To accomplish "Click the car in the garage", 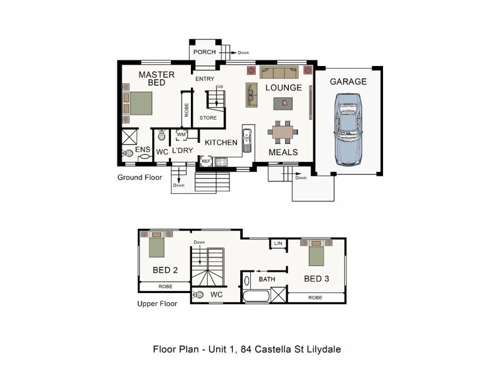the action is tap(348, 130).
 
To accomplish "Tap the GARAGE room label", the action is tap(348, 82).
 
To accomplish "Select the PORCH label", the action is tap(205, 52).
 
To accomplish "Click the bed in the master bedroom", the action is tap(137, 103).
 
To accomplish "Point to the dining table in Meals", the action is tap(283, 132).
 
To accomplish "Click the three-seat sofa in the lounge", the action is tap(279, 72).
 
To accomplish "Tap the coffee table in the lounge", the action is tap(283, 103).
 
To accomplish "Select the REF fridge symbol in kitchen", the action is tap(206, 161).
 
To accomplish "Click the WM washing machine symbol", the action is tap(181, 135).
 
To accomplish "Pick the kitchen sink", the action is tap(246, 140).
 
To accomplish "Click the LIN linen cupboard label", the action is tap(278, 243).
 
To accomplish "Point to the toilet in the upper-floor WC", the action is tap(198, 295).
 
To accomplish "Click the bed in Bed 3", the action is tap(316, 253).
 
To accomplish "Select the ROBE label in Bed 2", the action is tap(165, 287).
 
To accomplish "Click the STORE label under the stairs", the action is tap(208, 118).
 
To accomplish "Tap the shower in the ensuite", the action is tap(130, 137).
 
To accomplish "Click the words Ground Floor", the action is tap(140, 178).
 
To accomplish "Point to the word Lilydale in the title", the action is tap(324, 350).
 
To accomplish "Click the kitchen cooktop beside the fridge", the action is tap(221, 162).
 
